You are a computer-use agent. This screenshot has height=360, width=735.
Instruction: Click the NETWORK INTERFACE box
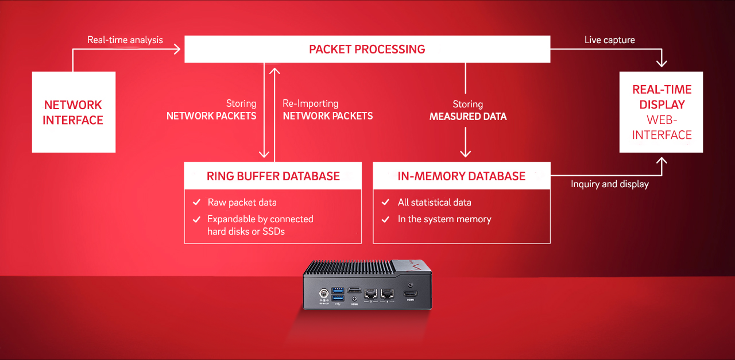[73, 112]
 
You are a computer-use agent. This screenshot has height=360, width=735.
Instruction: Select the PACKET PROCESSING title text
[367, 49]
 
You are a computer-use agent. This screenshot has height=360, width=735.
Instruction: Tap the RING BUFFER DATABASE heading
[273, 176]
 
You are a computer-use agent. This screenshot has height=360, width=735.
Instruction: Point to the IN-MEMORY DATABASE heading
[461, 176]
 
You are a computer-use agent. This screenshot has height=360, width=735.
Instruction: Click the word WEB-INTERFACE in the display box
[662, 127]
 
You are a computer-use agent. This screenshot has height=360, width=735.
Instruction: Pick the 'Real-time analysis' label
[125, 40]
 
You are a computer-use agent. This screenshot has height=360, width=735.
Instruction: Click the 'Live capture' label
[610, 40]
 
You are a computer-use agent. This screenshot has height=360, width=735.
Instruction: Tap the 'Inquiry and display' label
[610, 184]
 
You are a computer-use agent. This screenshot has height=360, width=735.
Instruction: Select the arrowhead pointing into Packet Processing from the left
[177, 49]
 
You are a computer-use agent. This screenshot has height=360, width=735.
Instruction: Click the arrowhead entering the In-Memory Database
[465, 153]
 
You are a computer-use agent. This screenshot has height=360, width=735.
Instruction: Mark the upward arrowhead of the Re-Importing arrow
[274, 71]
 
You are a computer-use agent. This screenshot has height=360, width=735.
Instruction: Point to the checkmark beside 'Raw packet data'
[196, 202]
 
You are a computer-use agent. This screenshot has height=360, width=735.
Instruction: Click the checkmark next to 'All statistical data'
[385, 202]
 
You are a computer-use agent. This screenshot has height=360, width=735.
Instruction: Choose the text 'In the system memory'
[444, 219]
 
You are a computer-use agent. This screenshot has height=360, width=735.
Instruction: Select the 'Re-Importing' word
[311, 103]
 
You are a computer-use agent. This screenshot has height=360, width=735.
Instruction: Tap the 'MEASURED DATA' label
[468, 117]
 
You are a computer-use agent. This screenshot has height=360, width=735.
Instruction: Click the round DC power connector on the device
[324, 292]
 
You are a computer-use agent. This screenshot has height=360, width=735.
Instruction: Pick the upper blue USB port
[338, 291]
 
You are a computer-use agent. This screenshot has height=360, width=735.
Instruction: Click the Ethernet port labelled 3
[370, 293]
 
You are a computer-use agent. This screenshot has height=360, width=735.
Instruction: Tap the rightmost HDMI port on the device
[410, 294]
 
